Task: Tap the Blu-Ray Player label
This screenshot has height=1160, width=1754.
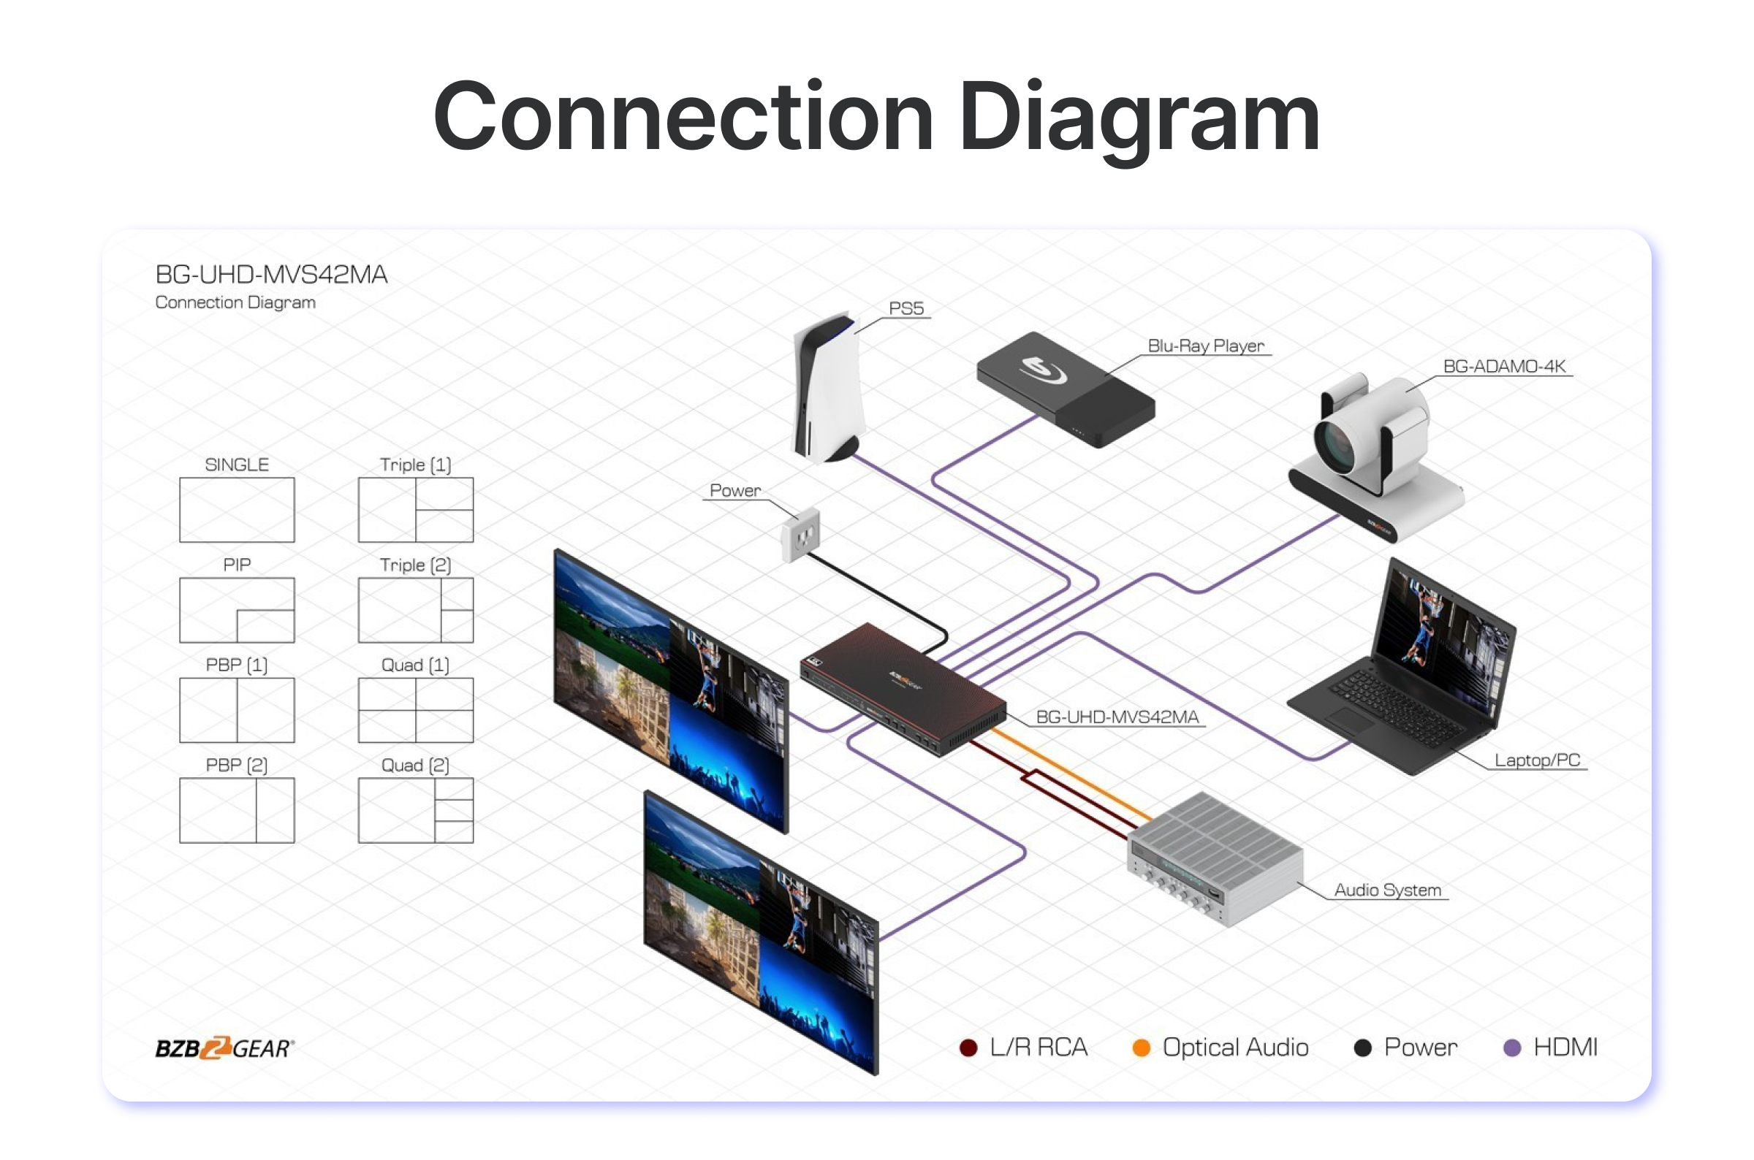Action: coord(1206,346)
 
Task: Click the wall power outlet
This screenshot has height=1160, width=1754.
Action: coord(801,533)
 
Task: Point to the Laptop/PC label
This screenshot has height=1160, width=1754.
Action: coord(1536,760)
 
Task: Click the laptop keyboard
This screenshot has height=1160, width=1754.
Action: coord(1392,706)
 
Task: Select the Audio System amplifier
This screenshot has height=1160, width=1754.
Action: coord(1214,858)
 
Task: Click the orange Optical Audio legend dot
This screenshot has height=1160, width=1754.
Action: coord(1142,1048)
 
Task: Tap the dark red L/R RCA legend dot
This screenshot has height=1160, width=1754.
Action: coord(968,1048)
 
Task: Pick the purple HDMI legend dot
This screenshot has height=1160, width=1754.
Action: coord(1512,1048)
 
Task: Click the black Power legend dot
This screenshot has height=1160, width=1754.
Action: coord(1362,1048)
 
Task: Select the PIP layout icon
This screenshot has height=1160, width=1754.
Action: coord(237,610)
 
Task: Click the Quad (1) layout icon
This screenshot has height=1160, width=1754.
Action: coord(415,709)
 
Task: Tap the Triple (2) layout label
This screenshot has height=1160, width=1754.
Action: coord(415,565)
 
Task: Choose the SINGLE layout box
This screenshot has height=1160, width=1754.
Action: coord(237,510)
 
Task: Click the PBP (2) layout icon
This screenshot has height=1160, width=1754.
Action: coord(237,810)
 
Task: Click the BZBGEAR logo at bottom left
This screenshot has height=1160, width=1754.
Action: coord(224,1048)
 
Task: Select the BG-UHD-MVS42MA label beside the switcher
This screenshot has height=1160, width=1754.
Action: coord(1117,716)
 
